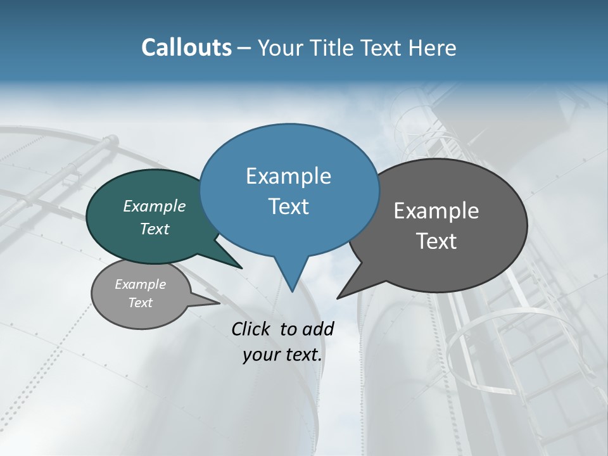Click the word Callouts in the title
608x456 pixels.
(x=186, y=47)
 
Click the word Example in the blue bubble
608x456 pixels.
(x=288, y=176)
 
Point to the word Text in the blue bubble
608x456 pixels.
(x=288, y=206)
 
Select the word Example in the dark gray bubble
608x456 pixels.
(x=436, y=211)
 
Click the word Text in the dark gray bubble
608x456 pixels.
(x=436, y=241)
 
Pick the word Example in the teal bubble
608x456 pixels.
(x=155, y=206)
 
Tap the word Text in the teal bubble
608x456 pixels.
(x=155, y=229)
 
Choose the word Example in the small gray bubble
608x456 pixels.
(x=140, y=284)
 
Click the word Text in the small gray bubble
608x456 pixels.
(x=140, y=303)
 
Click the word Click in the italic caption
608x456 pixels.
(x=251, y=329)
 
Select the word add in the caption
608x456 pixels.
(x=318, y=329)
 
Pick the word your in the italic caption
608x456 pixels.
(x=261, y=355)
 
